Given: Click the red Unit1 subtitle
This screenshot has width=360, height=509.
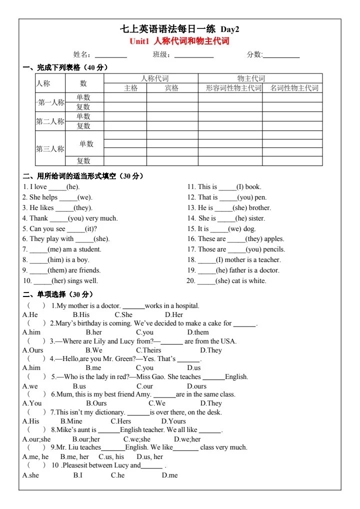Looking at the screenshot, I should [x=179, y=41].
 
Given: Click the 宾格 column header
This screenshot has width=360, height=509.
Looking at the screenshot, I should [x=171, y=88].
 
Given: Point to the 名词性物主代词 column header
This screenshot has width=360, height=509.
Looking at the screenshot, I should [x=294, y=88].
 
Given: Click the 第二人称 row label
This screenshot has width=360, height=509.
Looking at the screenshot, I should [x=50, y=121].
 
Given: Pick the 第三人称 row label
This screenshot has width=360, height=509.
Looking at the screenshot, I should [x=50, y=148].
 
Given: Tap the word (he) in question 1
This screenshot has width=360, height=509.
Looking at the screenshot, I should [x=72, y=187].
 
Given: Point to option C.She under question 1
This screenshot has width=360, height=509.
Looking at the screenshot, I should [x=123, y=315].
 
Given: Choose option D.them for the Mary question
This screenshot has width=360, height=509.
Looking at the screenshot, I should [x=198, y=332].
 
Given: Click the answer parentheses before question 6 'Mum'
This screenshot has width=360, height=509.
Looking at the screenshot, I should [x=36, y=394].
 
